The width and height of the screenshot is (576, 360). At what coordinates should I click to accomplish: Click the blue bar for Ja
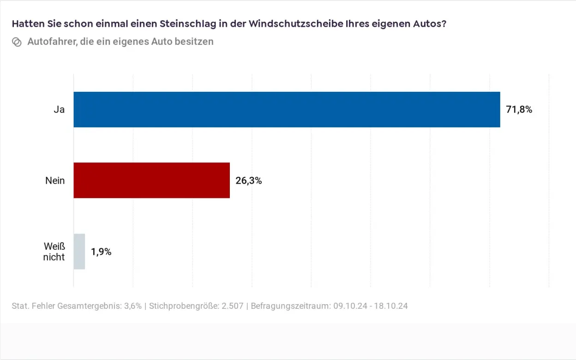pyautogui.click(x=286, y=109)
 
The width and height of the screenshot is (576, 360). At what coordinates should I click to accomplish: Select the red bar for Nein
pyautogui.click(x=151, y=180)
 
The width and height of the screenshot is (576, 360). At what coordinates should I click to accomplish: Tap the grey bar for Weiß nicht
pyautogui.click(x=79, y=252)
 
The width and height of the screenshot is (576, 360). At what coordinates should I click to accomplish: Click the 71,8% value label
pyautogui.click(x=519, y=110)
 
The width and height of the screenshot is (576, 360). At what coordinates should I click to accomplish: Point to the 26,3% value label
pyautogui.click(x=248, y=181)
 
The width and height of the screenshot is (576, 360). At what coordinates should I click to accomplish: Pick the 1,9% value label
pyautogui.click(x=101, y=252)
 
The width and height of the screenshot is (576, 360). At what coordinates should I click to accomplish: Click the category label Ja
pyautogui.click(x=59, y=110)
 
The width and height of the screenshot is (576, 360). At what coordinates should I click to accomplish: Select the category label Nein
pyautogui.click(x=55, y=181)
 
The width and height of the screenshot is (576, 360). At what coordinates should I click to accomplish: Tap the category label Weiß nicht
pyautogui.click(x=54, y=252)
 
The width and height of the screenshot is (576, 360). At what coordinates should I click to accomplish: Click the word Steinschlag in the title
pyautogui.click(x=184, y=24)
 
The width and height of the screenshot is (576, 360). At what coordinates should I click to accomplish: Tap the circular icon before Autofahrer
pyautogui.click(x=17, y=42)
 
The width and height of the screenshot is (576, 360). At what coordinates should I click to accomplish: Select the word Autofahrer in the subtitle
pyautogui.click(x=52, y=42)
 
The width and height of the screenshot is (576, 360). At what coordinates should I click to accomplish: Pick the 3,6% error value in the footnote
pyautogui.click(x=132, y=306)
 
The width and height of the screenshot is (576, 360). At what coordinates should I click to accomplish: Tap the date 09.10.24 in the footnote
pyautogui.click(x=349, y=306)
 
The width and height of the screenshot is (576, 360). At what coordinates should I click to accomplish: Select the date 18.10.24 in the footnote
pyautogui.click(x=392, y=306)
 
